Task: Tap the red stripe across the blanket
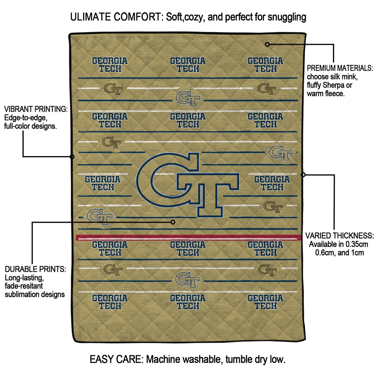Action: point(189,237)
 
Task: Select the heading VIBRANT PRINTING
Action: point(36,109)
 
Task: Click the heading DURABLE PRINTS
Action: point(36,269)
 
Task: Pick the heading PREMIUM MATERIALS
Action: point(340,68)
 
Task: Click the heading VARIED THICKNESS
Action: point(339,235)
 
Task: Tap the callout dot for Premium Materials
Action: point(267,44)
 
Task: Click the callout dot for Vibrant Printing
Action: point(72,157)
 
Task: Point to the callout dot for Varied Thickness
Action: point(303,175)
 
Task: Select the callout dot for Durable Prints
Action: point(173,222)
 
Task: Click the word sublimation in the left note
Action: point(20,294)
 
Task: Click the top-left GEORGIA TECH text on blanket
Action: point(110,65)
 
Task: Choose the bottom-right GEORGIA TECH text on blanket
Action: point(266,302)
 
